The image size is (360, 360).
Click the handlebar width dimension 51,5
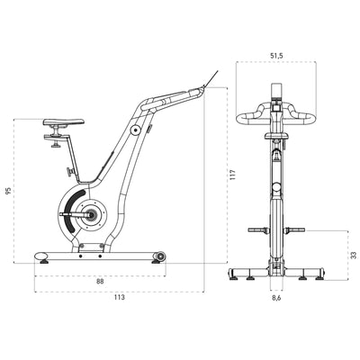click(x=276, y=56)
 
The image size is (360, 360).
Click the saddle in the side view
click(x=65, y=123)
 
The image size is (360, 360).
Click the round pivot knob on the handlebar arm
click(x=135, y=130)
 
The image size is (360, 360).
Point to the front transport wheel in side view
click(x=160, y=259)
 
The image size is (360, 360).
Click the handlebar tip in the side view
click(x=205, y=87)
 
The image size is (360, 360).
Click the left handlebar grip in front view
click(x=243, y=116)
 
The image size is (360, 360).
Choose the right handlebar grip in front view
click(x=310, y=116)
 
